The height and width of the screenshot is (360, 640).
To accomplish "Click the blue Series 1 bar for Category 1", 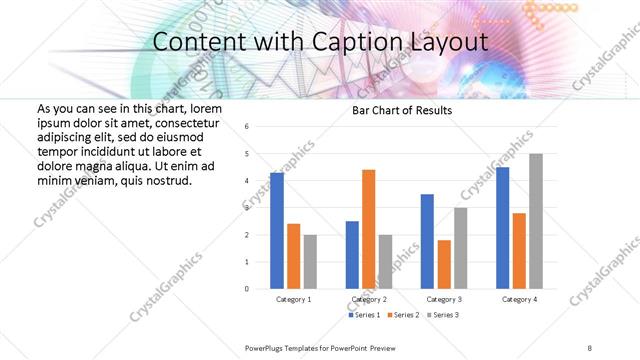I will coord(277,231).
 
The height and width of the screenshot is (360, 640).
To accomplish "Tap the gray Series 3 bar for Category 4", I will coord(536,221).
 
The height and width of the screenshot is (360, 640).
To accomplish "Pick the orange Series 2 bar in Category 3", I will coord(444,264).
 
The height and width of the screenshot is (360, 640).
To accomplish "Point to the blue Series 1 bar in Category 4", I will coord(502,228).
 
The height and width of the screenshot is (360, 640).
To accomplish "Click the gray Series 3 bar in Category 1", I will coord(310,262).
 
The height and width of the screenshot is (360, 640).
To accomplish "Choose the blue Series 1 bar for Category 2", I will coord(352,255).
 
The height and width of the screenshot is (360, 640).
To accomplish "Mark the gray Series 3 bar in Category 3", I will coord(461,248).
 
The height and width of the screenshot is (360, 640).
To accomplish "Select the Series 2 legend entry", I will coord(404,315).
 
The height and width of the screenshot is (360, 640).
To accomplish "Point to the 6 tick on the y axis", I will coord(247,127).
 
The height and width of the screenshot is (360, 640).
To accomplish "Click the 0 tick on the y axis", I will coord(247,289).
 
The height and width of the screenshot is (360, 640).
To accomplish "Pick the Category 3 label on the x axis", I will coord(445,299).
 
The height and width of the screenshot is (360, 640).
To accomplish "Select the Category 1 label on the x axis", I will coord(293,299).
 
